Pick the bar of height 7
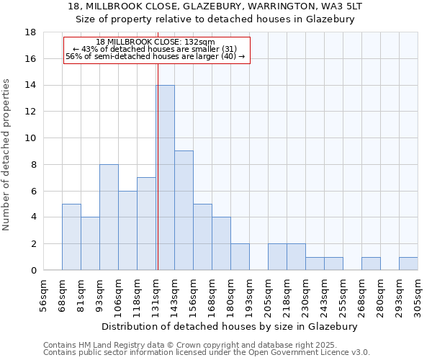click(x=146, y=224)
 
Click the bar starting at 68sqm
click(x=71, y=237)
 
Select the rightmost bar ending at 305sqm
click(x=408, y=264)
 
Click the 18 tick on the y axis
click(x=30, y=32)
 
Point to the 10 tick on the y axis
click(x=30, y=138)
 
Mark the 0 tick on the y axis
click(x=33, y=270)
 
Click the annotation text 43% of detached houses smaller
click(x=155, y=49)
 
